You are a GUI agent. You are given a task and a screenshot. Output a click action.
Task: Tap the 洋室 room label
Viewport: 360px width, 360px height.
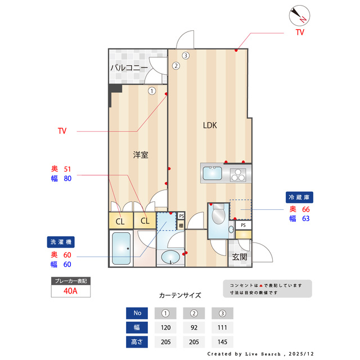pyautogui.click(x=141, y=154)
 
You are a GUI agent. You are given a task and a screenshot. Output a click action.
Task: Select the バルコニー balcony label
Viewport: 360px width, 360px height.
pyautogui.click(x=129, y=68)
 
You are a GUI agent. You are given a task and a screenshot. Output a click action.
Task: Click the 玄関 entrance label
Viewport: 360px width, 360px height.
pyautogui.click(x=239, y=257)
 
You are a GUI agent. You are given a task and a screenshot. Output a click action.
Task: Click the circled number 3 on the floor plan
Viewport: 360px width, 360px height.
pyautogui.click(x=185, y=55)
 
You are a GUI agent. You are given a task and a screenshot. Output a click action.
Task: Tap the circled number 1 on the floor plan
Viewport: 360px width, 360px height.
pyautogui.click(x=152, y=90)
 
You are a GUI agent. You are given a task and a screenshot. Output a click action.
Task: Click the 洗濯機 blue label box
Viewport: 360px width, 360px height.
pyautogui.click(x=61, y=242)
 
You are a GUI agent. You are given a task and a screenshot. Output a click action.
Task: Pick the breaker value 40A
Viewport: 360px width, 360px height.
pyautogui.click(x=70, y=291)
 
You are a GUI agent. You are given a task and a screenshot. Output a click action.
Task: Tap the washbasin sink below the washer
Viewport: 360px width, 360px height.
pyautogui.click(x=171, y=257)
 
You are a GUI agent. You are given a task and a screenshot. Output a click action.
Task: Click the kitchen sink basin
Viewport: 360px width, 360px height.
pyautogui.click(x=212, y=174)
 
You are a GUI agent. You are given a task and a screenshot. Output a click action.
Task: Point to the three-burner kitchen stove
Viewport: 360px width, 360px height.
pyautogui.click(x=238, y=174)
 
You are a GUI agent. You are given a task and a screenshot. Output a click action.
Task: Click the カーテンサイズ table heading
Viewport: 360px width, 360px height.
pyautogui.click(x=180, y=295)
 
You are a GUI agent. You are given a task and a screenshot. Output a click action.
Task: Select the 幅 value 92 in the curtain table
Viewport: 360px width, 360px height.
pyautogui.click(x=194, y=327)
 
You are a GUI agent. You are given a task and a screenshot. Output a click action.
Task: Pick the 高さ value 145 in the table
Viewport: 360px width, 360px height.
pyautogui.click(x=222, y=341)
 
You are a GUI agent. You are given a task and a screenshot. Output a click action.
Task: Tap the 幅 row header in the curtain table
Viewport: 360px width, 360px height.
pyautogui.click(x=137, y=327)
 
